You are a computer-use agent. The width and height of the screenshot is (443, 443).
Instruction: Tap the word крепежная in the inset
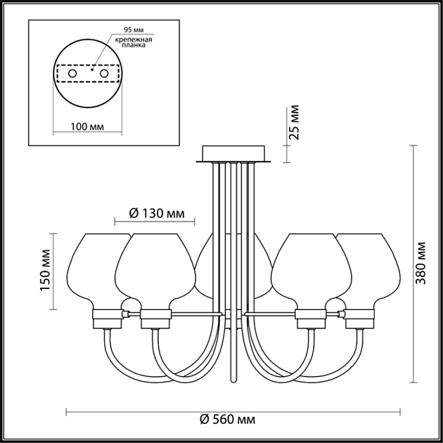click(x=134, y=39)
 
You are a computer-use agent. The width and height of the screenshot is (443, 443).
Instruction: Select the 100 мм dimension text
click(x=87, y=127)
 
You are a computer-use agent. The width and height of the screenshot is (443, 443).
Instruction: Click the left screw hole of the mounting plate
click(x=72, y=73)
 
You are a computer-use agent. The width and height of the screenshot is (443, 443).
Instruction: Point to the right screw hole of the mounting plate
click(x=104, y=73)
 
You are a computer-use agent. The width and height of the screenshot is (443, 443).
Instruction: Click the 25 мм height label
click(x=294, y=122)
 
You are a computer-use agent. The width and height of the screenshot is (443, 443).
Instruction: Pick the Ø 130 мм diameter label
click(x=157, y=214)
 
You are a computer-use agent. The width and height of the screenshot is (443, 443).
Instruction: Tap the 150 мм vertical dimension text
click(x=45, y=270)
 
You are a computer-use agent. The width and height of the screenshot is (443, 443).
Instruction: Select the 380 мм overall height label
click(x=421, y=263)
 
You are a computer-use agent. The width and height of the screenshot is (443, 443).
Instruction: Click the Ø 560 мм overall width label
click(x=227, y=420)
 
